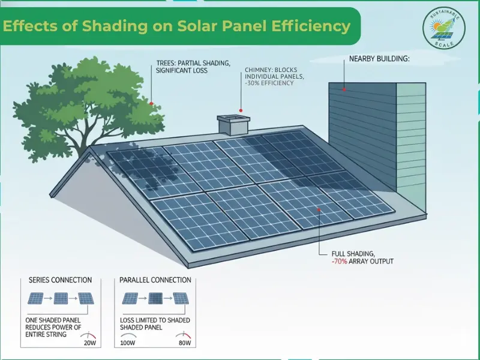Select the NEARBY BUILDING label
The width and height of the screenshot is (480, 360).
coord(379,59)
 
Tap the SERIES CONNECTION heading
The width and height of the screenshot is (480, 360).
coord(60,280)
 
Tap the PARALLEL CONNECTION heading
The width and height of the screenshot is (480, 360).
coord(155,280)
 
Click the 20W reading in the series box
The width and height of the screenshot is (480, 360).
coord(91,343)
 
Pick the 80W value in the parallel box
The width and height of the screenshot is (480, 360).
coord(184,343)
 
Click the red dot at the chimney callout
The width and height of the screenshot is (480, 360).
coord(241,111)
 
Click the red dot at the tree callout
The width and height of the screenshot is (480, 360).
coord(151,103)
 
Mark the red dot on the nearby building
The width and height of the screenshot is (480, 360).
coord(344,89)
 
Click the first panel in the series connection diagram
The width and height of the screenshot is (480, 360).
coord(35,298)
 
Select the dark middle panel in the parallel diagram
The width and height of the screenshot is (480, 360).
coord(155,298)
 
